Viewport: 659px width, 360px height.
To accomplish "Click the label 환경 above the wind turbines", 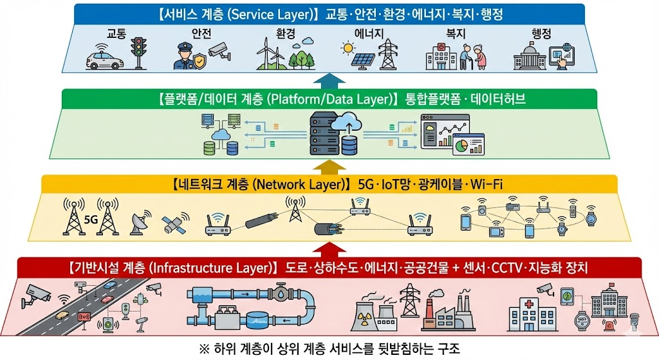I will [x=283, y=32].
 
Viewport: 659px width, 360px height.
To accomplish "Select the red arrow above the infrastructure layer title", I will [x=329, y=249].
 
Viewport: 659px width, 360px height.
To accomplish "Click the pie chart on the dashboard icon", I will [x=461, y=146].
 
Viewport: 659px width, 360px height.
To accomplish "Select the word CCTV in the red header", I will [x=510, y=267].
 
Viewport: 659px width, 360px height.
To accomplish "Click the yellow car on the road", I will [x=63, y=315].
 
